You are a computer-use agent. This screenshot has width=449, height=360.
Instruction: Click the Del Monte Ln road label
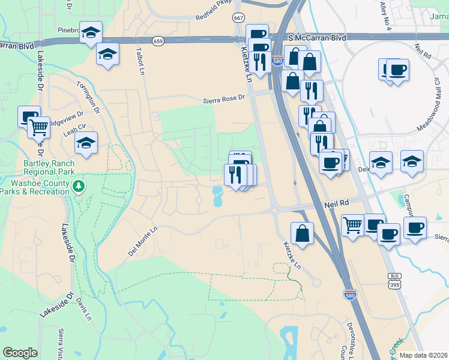coord(142,241)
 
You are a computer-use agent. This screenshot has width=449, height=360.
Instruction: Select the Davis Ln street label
coord(84,309)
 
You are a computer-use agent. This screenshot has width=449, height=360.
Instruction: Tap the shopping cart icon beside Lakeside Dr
coord(39,127)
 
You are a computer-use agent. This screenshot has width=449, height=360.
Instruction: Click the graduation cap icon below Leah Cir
coord(86,143)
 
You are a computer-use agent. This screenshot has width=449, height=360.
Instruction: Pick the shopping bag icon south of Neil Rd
coord(302,233)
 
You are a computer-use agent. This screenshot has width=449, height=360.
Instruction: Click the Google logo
coord(20,353)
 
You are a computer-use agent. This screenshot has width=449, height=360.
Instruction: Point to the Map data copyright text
coord(423,355)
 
